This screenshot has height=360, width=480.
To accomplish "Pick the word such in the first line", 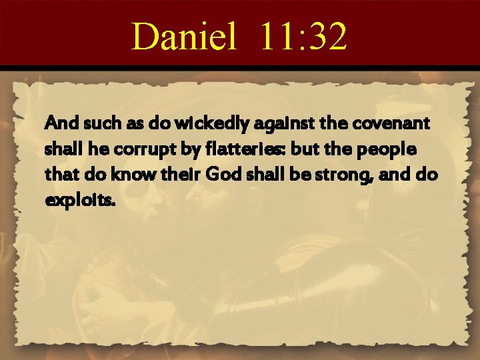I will tap(87, 123).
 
